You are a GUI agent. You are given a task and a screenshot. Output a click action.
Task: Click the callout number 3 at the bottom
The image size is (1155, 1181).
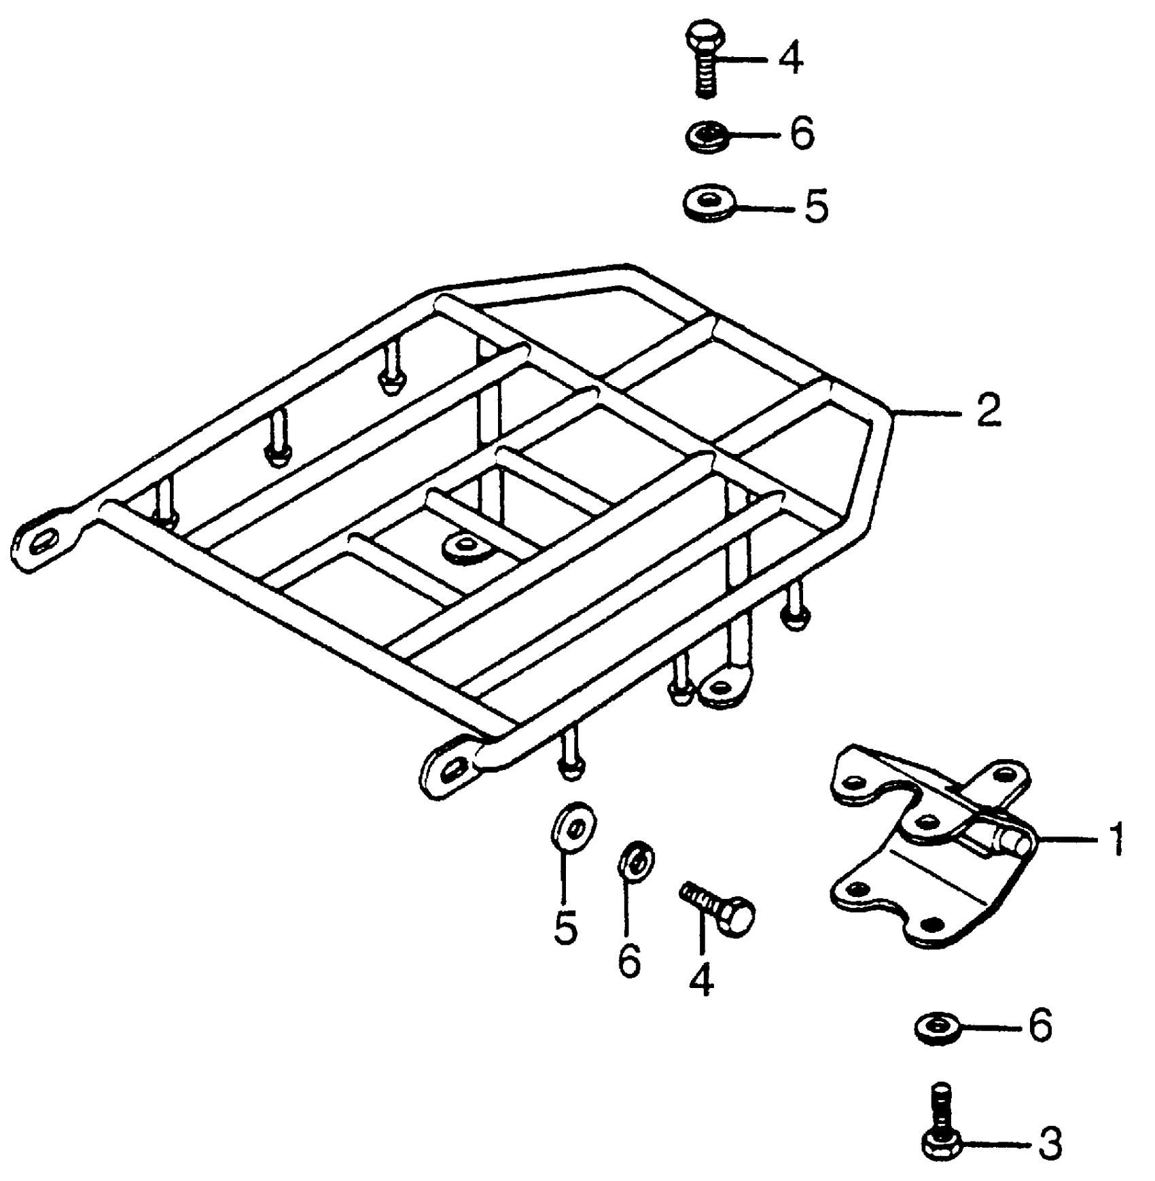(1049, 1143)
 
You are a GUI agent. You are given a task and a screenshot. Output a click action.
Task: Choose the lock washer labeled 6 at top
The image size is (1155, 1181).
(707, 137)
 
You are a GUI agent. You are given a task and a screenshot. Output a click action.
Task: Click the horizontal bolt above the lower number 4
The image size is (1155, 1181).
(719, 906)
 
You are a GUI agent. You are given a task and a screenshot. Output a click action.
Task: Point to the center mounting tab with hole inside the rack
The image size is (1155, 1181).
(468, 545)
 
